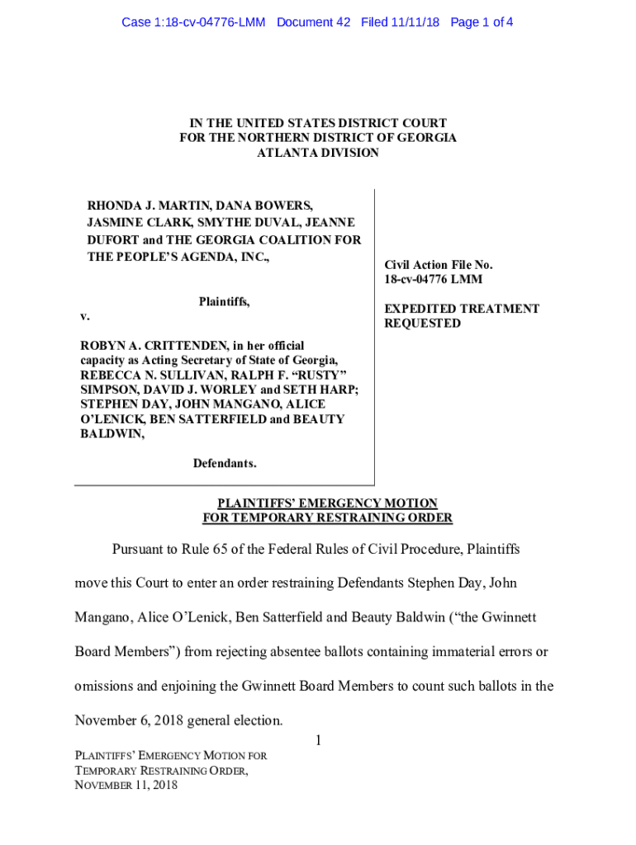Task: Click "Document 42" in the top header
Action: pyautogui.click(x=314, y=22)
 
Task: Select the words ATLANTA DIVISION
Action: pyautogui.click(x=318, y=153)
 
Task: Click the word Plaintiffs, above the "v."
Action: pyautogui.click(x=224, y=302)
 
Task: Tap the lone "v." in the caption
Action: pyautogui.click(x=85, y=317)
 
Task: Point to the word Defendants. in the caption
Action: pyautogui.click(x=225, y=464)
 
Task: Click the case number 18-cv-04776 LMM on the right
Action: pyautogui.click(x=434, y=280)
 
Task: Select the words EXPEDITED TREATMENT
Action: pyautogui.click(x=462, y=309)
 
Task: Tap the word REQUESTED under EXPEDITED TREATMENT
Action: pyautogui.click(x=423, y=323)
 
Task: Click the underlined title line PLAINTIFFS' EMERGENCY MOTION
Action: pyautogui.click(x=327, y=503)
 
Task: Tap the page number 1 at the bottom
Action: pyautogui.click(x=317, y=741)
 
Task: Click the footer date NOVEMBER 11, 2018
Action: pyautogui.click(x=126, y=785)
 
